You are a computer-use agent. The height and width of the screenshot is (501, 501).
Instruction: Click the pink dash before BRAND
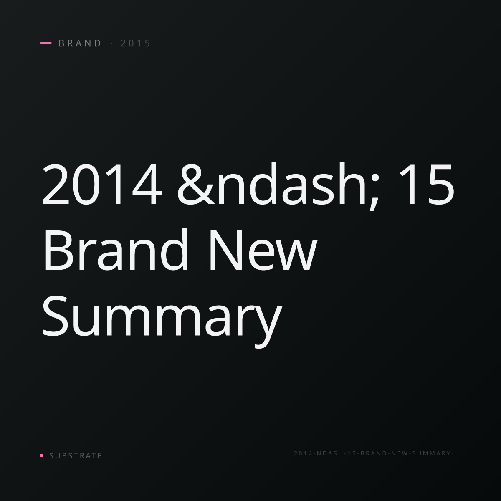tap(46, 43)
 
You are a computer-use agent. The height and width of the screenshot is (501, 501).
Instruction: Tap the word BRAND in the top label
tap(80, 43)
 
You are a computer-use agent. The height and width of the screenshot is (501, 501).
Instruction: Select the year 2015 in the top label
tap(135, 43)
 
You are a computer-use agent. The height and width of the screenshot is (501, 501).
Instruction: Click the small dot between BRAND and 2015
tap(112, 43)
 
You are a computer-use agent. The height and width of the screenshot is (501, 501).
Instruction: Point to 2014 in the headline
tap(102, 185)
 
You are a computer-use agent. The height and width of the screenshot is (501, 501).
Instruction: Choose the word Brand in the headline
tap(116, 249)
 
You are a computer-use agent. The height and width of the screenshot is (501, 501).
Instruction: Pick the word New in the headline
tap(263, 250)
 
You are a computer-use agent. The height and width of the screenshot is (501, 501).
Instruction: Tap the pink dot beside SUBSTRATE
tap(42, 455)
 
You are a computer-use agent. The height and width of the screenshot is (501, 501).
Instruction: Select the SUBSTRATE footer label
tap(76, 455)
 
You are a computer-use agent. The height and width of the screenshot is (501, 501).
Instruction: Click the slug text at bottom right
tap(377, 453)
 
